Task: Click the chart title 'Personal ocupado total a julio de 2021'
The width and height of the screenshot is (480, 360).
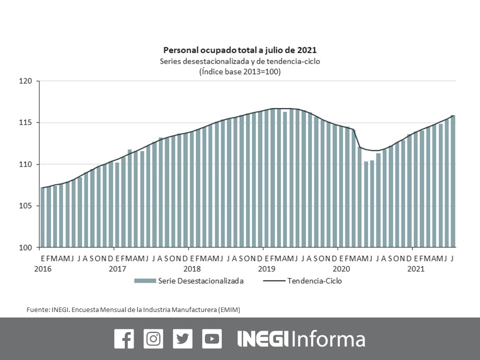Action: pos(240,50)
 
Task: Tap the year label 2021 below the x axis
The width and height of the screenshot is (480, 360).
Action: pos(416,269)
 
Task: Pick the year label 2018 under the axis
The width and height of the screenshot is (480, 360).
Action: pos(192,269)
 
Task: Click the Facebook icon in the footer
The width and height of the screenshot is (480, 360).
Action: pos(124,339)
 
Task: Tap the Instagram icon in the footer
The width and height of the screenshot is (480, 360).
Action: pos(153,339)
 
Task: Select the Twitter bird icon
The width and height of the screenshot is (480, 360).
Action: pos(182,339)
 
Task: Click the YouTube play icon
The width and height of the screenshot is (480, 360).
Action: pos(212,339)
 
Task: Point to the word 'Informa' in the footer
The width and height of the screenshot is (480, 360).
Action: pos(328,339)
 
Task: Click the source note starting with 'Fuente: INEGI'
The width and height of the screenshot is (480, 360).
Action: pos(133,310)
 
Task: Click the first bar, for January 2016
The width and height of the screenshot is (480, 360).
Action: pos(43,217)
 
